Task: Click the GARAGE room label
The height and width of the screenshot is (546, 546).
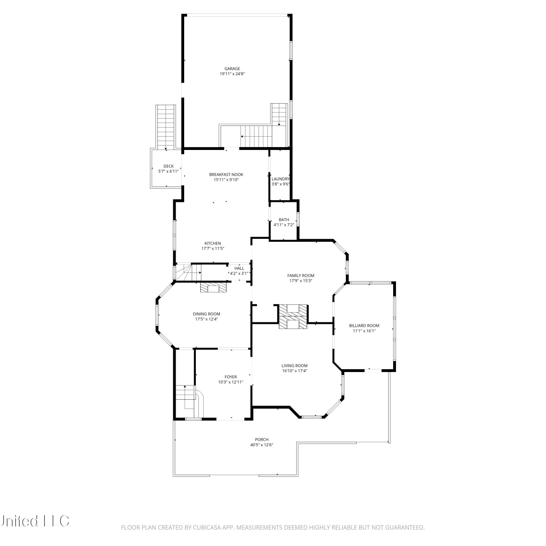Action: pos(232,68)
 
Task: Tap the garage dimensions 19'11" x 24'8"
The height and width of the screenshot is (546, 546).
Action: pos(232,74)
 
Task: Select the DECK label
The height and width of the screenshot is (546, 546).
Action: pos(169,166)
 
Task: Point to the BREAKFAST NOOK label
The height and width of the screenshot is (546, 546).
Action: pos(226,174)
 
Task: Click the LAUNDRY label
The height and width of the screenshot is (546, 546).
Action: pos(281,179)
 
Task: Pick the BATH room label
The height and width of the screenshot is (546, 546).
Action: pos(284,219)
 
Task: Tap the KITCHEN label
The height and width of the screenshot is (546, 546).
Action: pos(213,243)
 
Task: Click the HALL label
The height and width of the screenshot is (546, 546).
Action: pos(240,268)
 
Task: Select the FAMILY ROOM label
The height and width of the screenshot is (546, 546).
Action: pos(301,276)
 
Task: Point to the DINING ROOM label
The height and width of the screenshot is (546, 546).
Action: pos(206,314)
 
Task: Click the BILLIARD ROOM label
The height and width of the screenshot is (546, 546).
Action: pos(364,326)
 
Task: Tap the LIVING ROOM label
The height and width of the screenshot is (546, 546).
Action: pos(294,366)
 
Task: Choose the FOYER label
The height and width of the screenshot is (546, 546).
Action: pos(231,377)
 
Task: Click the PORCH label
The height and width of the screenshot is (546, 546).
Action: pos(262,439)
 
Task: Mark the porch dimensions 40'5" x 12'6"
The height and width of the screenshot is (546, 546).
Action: pos(262,445)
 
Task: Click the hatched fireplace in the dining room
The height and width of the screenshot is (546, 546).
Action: pos(213,288)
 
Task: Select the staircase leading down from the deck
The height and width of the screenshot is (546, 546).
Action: pos(166,127)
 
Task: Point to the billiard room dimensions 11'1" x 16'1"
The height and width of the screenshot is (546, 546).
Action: pos(364,331)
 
